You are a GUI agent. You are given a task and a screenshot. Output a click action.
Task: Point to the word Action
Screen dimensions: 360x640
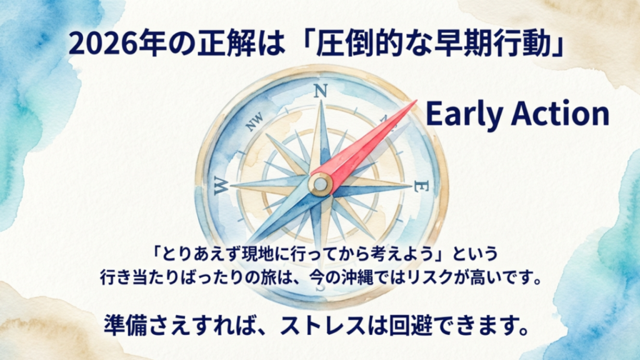tap(558, 114)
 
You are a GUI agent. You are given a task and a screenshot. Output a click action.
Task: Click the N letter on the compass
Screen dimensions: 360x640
tap(320, 91)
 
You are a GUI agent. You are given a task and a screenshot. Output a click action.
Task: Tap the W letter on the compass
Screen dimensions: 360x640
tap(221, 185)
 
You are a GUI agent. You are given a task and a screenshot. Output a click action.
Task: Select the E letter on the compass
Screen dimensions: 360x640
tap(423, 186)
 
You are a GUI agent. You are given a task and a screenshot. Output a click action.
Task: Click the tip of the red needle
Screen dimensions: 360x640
tap(414, 102)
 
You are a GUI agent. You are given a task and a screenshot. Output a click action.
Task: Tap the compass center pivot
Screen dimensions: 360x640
tap(321, 184)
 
